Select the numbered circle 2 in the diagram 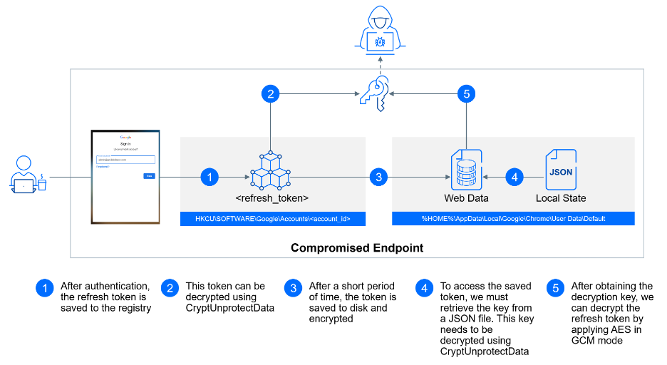[x=270, y=93]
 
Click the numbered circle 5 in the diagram [x=466, y=93]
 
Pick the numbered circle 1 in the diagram [x=209, y=177]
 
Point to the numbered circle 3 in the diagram [x=378, y=177]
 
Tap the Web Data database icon [x=465, y=168]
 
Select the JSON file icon [x=561, y=168]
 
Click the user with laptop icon [x=28, y=175]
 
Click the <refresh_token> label [x=272, y=197]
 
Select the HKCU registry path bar [x=273, y=219]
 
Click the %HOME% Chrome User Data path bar [x=512, y=219]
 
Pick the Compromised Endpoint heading [x=357, y=248]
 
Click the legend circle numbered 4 [x=425, y=289]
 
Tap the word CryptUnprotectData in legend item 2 [x=230, y=308]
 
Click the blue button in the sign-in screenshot [x=149, y=175]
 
